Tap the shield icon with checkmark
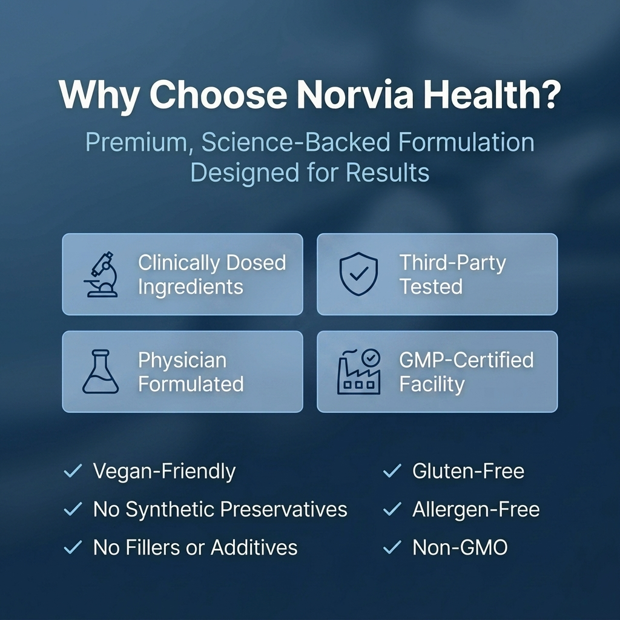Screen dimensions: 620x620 359,274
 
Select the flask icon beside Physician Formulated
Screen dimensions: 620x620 100,372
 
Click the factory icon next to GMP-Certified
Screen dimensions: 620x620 359,372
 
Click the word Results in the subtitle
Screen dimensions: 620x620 387,173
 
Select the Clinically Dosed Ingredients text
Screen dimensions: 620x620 211,274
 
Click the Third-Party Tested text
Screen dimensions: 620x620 452,274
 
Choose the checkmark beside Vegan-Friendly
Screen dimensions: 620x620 73,471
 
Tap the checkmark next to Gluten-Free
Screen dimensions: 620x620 392,471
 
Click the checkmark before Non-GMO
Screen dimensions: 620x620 392,548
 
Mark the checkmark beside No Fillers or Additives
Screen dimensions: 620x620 73,548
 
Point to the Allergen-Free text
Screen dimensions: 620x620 475,510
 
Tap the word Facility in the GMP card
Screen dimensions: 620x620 432,384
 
